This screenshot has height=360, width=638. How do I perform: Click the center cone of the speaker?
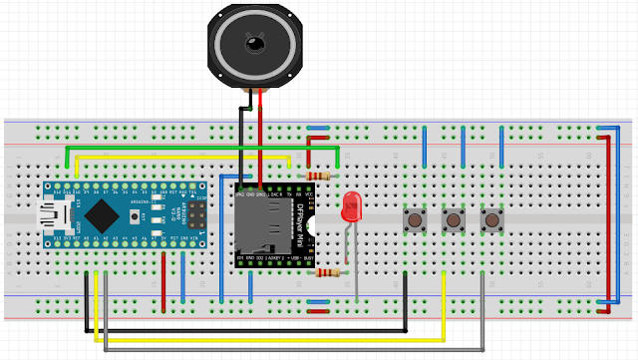coord(253,45)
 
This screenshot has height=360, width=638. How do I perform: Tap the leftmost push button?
coord(413,218)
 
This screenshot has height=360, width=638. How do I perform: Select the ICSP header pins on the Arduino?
coord(190,211)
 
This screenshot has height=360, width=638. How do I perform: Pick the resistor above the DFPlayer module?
coord(318,177)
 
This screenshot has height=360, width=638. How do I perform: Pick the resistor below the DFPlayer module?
coord(326,272)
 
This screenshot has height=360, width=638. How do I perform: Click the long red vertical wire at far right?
coord(609,219)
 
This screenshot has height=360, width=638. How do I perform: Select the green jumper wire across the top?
coord(199,148)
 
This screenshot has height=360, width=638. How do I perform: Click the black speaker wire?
coord(240,140)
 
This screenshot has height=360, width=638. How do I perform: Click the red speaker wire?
coord(261,140)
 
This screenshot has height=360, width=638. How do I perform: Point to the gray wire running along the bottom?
coord(299,351)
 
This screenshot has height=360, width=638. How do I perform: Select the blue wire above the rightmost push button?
coord(501,150)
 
